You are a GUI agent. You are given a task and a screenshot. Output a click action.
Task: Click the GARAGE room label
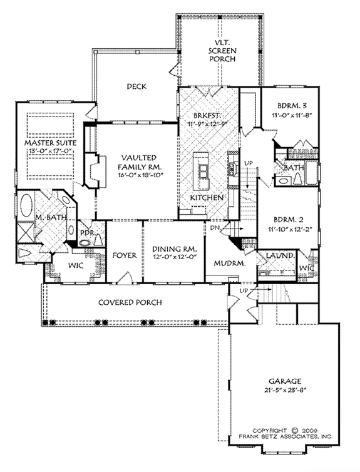287,381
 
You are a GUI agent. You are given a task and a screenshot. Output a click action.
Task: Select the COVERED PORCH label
130,302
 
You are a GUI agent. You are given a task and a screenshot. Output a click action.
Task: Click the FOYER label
125,255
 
